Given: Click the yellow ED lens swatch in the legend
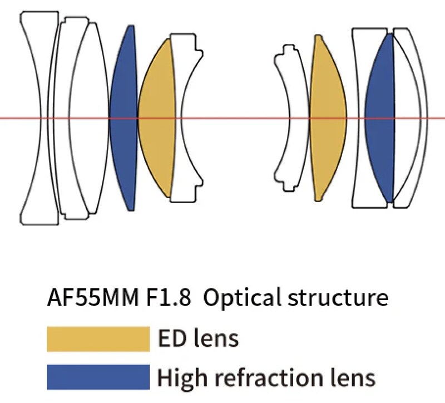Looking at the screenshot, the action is click(98, 339).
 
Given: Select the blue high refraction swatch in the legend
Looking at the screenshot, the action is click(98, 377).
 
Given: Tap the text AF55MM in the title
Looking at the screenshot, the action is click(93, 298).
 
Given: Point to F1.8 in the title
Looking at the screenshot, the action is click(169, 298).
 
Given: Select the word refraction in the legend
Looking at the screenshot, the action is click(269, 377).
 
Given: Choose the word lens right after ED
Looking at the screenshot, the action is click(216, 338).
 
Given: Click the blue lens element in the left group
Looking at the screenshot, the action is click(123, 118).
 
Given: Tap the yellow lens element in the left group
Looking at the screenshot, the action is click(157, 118).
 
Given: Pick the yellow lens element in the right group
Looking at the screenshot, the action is click(328, 118).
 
